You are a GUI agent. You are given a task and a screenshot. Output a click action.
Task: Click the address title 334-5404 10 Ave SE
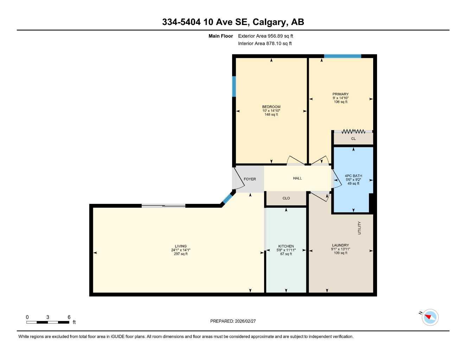(x=233, y=22)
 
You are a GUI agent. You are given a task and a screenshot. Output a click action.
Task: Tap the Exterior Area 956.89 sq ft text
(x=265, y=36)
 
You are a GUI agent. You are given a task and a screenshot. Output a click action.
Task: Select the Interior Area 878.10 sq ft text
(x=264, y=44)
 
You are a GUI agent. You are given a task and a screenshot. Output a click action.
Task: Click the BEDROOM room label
(x=271, y=107)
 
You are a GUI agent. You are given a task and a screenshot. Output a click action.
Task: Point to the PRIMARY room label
(x=340, y=94)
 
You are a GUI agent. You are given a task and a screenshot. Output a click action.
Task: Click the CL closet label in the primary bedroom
(x=353, y=139)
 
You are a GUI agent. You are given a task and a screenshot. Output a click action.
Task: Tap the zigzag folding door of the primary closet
(x=353, y=131)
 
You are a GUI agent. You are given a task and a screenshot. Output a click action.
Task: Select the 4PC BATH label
(x=353, y=176)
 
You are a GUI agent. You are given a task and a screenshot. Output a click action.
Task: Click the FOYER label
(x=250, y=179)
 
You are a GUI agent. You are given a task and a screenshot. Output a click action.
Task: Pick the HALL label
(x=298, y=178)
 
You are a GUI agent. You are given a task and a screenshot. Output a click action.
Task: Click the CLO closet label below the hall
(x=286, y=198)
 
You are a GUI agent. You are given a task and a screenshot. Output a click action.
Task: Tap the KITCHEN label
(x=286, y=246)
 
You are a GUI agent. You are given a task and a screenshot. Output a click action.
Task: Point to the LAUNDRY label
(x=340, y=245)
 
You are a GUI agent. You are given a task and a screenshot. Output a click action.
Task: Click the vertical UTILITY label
(x=359, y=228)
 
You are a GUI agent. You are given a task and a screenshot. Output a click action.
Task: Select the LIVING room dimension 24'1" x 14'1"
(x=181, y=250)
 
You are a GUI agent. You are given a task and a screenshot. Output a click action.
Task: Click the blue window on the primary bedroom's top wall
(x=343, y=56)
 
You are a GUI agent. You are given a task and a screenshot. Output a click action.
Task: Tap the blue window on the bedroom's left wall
(x=234, y=86)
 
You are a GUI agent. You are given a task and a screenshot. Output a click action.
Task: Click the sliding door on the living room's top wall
(x=164, y=206)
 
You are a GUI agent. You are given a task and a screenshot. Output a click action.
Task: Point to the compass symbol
(x=430, y=317)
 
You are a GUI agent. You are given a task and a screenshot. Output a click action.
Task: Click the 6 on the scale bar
(x=69, y=317)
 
